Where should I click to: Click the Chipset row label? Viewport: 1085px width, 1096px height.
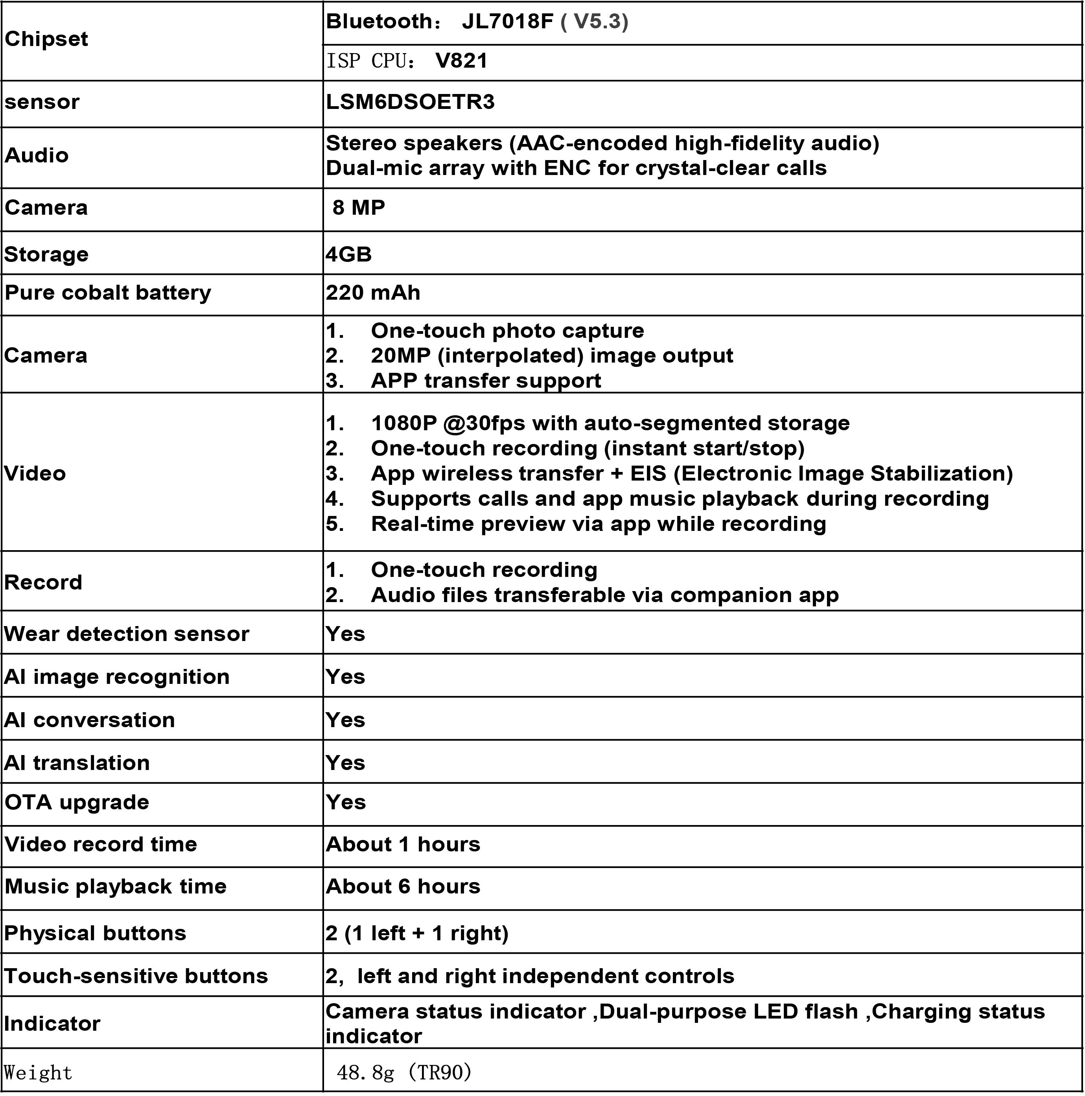(46, 39)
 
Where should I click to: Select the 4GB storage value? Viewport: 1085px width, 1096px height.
(349, 254)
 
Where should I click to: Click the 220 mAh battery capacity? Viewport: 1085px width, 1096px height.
(373, 293)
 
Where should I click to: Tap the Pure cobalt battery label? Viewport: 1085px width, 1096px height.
(108, 293)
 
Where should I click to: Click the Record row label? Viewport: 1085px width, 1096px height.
(43, 582)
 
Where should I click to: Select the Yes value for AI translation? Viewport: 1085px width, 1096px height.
(345, 763)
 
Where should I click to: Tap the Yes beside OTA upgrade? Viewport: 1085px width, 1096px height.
(345, 802)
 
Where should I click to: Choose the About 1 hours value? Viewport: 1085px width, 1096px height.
(403, 845)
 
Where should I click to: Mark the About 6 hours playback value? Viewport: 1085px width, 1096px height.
(403, 887)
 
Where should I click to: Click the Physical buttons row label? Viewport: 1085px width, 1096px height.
(95, 934)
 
